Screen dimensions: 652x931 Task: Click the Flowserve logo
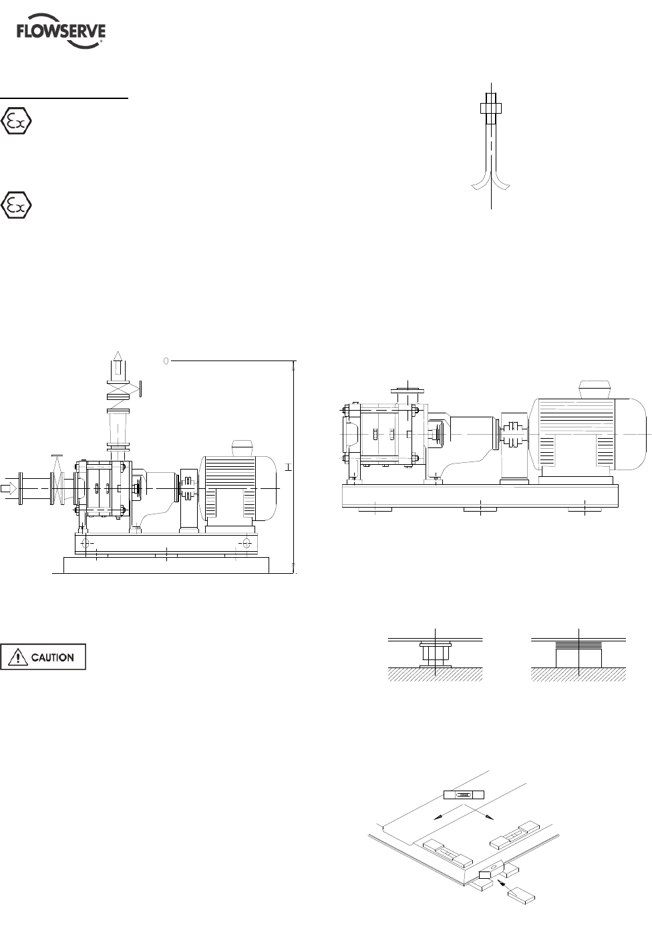point(61,31)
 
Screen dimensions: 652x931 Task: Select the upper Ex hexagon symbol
point(16,121)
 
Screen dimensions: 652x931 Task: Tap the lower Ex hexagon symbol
point(16,205)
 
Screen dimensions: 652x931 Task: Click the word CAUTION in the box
point(52,657)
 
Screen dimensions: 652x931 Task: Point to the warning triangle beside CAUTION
point(18,657)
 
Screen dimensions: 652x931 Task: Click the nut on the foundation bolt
point(491,108)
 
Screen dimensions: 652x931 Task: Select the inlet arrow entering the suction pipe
point(9,488)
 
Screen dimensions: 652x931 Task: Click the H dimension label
point(289,467)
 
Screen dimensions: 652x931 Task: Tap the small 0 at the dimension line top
point(166,360)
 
